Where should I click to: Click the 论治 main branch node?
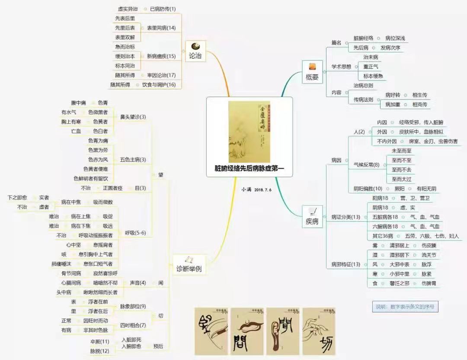coord(195,51)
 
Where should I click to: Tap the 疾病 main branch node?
coord(312,217)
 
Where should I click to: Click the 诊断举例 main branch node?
coord(189,264)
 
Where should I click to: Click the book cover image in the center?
coord(249,132)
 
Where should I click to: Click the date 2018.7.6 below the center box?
coord(263,190)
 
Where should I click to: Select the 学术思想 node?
coord(342,67)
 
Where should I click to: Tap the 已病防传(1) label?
coord(163,9)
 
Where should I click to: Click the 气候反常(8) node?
coord(366,164)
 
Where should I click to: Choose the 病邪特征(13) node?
coord(346,264)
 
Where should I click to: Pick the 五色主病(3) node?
coord(133,160)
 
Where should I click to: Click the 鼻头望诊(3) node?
coord(133,116)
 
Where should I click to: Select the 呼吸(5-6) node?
coord(135,233)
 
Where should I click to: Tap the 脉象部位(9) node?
coord(133,306)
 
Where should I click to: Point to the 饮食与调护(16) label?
coord(159,85)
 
